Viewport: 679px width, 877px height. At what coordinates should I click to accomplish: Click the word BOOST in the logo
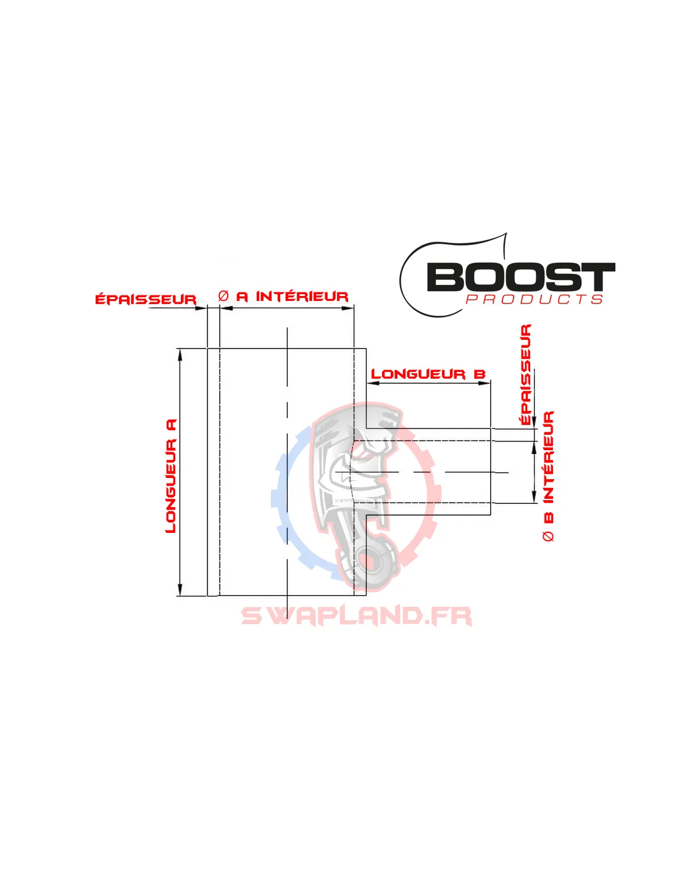520,278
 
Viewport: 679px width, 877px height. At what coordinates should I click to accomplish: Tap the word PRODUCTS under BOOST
534,300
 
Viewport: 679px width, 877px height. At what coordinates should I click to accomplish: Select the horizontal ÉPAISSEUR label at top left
146,300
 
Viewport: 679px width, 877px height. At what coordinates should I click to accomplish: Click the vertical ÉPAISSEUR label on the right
526,374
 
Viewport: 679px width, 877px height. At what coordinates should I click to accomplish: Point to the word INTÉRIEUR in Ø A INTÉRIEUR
302,297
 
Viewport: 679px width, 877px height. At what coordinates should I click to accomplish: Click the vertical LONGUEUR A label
171,476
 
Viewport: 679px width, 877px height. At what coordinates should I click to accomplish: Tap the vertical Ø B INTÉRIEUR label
548,476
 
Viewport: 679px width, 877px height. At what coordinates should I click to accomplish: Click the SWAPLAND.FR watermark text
356,616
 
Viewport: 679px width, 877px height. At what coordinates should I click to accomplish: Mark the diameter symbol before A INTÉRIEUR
223,297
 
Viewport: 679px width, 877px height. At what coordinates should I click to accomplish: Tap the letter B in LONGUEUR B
480,374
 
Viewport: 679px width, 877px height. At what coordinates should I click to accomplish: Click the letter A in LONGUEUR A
171,424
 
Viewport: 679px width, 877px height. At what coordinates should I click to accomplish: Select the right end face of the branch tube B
491,472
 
